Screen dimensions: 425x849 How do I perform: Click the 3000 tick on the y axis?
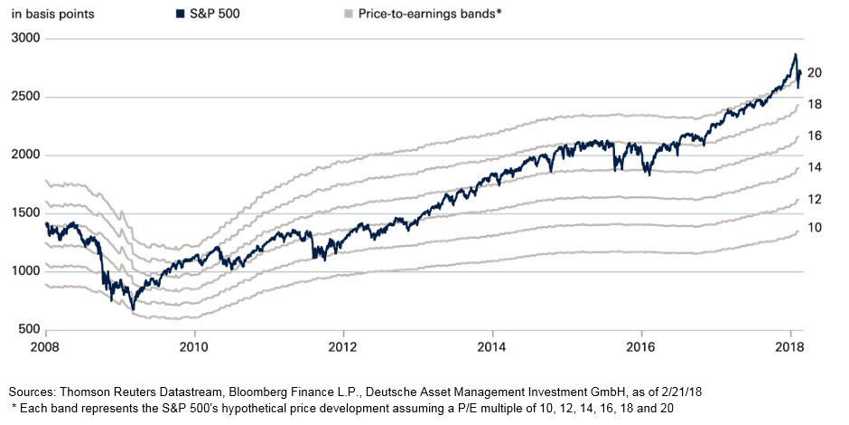click(x=25, y=39)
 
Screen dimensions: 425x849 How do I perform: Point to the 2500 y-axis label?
click(x=25, y=97)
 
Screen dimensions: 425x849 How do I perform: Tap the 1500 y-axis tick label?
click(x=25, y=213)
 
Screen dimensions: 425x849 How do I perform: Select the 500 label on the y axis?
click(x=29, y=329)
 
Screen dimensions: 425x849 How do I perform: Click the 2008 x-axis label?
click(x=45, y=346)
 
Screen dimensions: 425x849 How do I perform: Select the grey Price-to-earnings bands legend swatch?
click(x=350, y=14)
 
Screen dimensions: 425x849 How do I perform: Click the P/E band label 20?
click(x=814, y=72)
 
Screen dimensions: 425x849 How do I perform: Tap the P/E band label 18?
click(x=814, y=105)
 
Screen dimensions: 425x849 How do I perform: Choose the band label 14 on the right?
click(x=814, y=167)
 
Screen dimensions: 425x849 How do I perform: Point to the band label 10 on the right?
click(x=814, y=228)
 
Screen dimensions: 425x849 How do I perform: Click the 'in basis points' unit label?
click(x=51, y=14)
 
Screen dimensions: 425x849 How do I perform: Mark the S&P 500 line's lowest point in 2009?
click(x=133, y=309)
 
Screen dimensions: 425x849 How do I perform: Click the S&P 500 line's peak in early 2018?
click(x=795, y=54)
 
